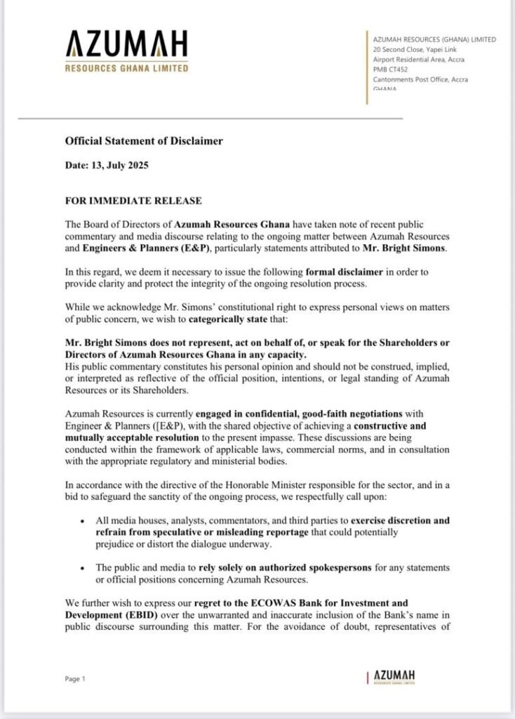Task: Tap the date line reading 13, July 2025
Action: tap(107, 166)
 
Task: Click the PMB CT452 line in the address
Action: tap(390, 70)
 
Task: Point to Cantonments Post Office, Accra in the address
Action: tap(420, 79)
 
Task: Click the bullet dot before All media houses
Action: tap(83, 522)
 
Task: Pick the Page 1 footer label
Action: tap(75, 679)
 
